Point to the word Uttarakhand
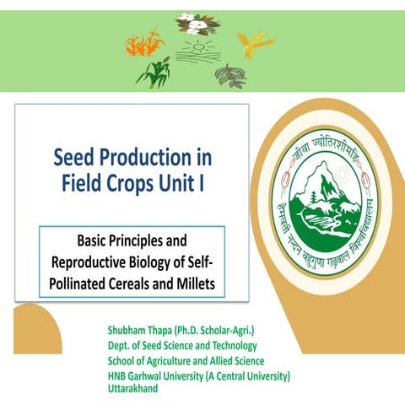(134, 387)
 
